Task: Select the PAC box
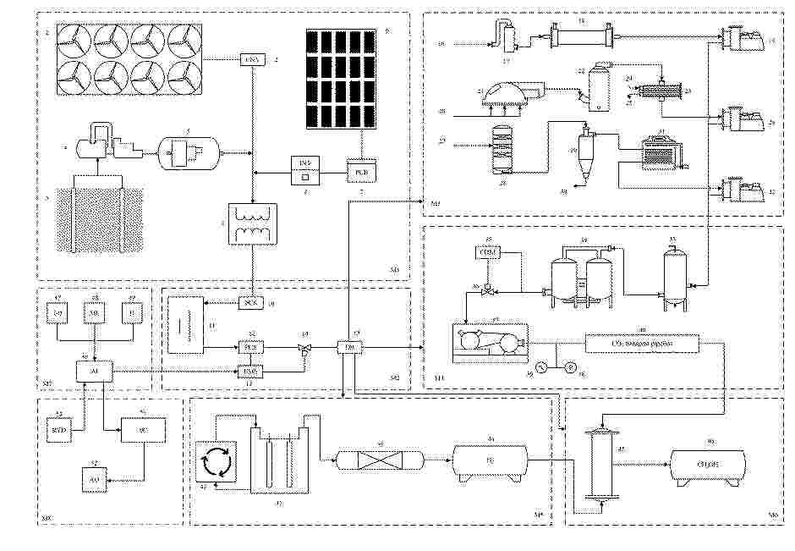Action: click(249, 370)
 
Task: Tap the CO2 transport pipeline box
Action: click(643, 342)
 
